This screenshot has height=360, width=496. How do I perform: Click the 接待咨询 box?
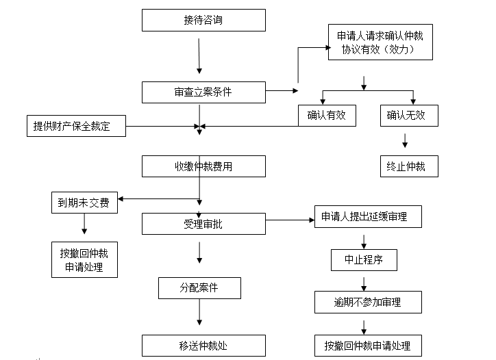pyautogui.click(x=203, y=21)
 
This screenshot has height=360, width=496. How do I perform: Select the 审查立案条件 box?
pyautogui.click(x=203, y=92)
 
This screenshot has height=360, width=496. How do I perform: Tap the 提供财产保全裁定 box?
pyautogui.click(x=76, y=126)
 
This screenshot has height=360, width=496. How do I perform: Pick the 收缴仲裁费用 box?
pyautogui.click(x=203, y=166)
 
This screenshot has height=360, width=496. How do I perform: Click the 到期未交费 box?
pyautogui.click(x=84, y=203)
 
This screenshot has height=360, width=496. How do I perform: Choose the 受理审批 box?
pyautogui.click(x=203, y=224)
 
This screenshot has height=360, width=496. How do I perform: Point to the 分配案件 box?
pyautogui.click(x=199, y=288)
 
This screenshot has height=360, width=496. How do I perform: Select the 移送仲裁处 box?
pyautogui.click(x=203, y=346)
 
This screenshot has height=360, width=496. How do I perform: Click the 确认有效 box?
pyautogui.click(x=327, y=116)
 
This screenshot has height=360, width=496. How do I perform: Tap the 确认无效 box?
pyautogui.click(x=409, y=116)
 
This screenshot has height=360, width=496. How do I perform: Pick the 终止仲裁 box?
pyautogui.click(x=409, y=166)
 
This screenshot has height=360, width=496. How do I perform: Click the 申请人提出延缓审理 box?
pyautogui.click(x=368, y=216)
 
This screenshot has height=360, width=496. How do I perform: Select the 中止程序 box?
pyautogui.click(x=364, y=260)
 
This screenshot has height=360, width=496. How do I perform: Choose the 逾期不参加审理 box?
pyautogui.click(x=368, y=302)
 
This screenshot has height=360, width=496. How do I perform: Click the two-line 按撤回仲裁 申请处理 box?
pyautogui.click(x=84, y=260)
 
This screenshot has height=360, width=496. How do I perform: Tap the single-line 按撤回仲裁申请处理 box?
pyautogui.click(x=368, y=346)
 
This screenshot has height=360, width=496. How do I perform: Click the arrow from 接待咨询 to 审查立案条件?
pyautogui.click(x=199, y=56)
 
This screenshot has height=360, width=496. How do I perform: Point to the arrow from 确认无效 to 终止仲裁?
pyautogui.click(x=405, y=141)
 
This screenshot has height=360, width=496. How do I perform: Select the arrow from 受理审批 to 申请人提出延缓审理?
pyautogui.click(x=290, y=220)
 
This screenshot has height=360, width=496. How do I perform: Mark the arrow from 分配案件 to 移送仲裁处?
pyautogui.click(x=199, y=312)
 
